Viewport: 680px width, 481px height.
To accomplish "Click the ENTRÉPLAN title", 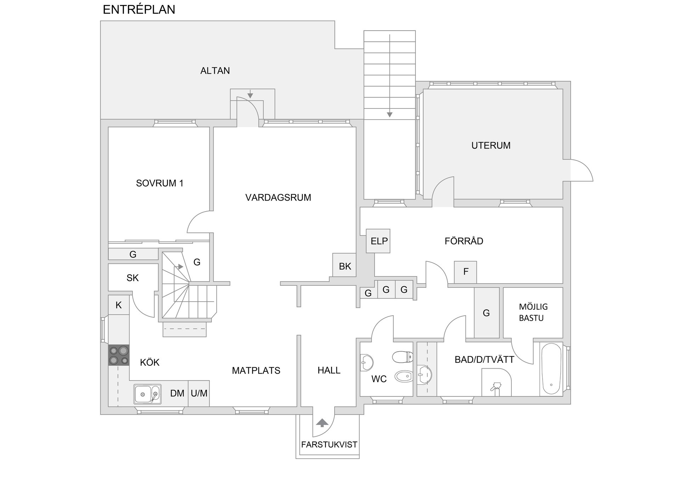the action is point(139,10).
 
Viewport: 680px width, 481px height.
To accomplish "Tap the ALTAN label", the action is point(215,71).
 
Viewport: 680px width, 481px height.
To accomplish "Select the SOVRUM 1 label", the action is point(160,183).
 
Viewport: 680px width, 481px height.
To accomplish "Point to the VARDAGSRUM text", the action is point(278,197).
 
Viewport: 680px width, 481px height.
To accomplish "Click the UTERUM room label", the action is point(491,145).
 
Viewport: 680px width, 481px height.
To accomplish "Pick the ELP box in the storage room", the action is point(378,241).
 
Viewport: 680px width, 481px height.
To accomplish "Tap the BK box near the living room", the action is point(344,265).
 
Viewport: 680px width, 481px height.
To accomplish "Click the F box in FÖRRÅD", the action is point(465,272).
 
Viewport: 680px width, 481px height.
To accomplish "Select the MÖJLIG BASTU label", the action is point(533,312).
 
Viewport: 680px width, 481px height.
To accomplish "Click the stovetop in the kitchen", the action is point(119,355).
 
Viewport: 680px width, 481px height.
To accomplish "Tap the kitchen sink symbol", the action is point(147,394).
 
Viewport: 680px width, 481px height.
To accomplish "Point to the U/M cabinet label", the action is point(199,393).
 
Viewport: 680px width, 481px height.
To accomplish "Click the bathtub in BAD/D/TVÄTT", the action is point(551,369).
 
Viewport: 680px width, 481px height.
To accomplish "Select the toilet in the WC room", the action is point(403,357).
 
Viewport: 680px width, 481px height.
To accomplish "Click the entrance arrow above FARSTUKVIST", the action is point(322,423).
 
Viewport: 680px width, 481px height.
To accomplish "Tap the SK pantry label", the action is point(132,278).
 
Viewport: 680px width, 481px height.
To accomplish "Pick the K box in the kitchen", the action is point(119,305).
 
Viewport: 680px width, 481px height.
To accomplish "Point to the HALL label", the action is point(329,370).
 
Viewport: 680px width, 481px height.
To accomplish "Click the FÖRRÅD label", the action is point(464,241).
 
